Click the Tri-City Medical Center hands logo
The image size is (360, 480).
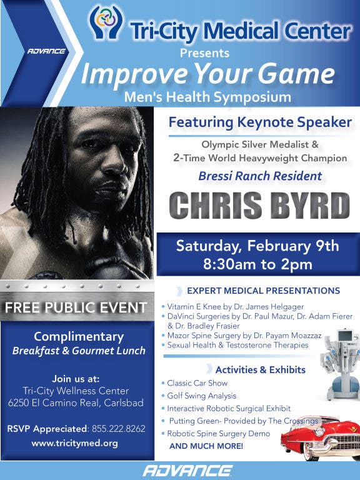click(106, 22)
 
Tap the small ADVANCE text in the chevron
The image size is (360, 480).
click(46, 51)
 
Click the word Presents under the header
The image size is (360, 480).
click(204, 53)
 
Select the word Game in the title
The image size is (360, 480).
click(296, 74)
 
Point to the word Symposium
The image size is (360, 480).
click(252, 97)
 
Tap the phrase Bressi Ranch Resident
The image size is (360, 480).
click(260, 176)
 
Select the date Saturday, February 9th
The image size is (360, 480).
click(257, 246)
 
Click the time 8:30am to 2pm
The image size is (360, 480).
click(257, 264)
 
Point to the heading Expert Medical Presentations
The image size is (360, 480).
click(264, 291)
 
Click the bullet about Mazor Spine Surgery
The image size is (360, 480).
click(242, 336)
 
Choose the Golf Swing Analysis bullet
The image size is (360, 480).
click(199, 396)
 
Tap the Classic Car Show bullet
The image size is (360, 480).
click(195, 383)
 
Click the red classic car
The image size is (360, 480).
click(320, 438)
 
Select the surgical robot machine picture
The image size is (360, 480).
click(341, 364)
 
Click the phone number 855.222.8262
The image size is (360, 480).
click(119, 429)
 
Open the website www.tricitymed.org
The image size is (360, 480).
click(75, 443)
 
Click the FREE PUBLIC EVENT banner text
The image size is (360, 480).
click(76, 307)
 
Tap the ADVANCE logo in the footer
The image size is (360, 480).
click(187, 471)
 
